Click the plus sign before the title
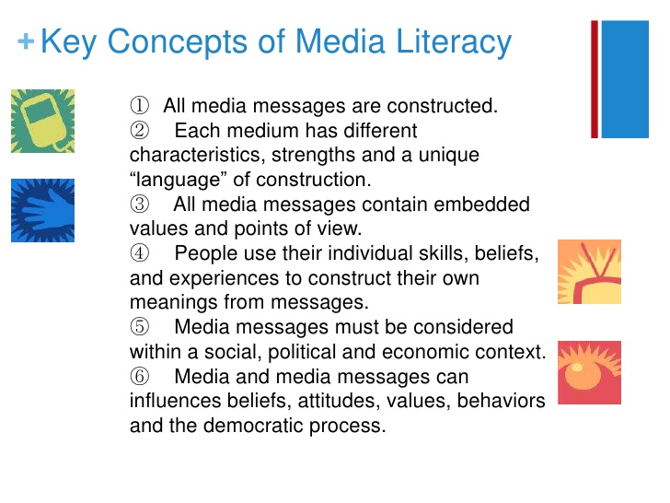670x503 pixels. click(x=26, y=42)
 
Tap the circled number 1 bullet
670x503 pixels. click(x=140, y=106)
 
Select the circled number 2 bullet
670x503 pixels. click(x=140, y=131)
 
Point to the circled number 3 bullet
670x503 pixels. click(x=140, y=205)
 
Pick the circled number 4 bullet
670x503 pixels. click(x=140, y=253)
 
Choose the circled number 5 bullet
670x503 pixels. click(x=140, y=327)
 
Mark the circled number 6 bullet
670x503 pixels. click(x=140, y=377)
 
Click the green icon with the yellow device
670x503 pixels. click(x=42, y=121)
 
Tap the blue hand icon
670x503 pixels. click(x=42, y=210)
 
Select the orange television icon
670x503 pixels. click(x=589, y=272)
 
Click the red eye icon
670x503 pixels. click(x=589, y=372)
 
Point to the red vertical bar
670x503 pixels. click(x=595, y=79)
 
